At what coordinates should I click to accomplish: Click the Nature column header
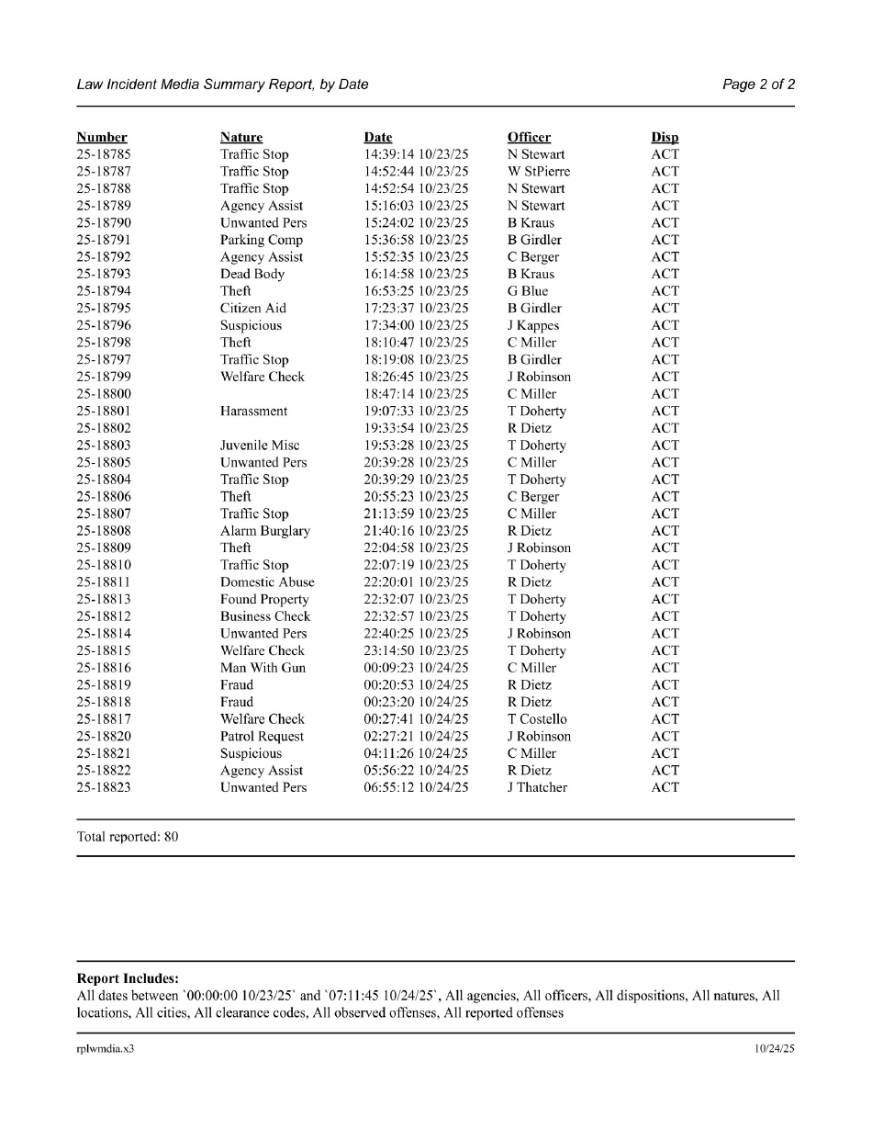[x=240, y=138]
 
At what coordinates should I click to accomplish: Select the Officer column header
[x=529, y=138]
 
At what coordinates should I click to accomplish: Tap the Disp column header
[x=665, y=138]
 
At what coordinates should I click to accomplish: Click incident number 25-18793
[x=104, y=274]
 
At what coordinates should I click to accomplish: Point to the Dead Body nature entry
[x=252, y=274]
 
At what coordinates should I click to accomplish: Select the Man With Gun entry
[x=263, y=668]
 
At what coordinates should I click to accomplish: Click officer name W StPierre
[x=539, y=172]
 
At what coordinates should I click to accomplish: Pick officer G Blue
[x=528, y=291]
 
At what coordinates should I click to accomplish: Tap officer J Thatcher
[x=537, y=787]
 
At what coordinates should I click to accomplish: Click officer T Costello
[x=537, y=719]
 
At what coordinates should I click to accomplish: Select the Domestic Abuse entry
[x=267, y=582]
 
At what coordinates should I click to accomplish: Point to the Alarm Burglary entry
[x=265, y=531]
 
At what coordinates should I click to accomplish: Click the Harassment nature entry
[x=253, y=412]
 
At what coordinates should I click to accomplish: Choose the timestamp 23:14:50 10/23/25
[x=416, y=651]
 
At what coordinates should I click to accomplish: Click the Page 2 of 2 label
[x=758, y=85]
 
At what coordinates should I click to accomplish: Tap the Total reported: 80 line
[x=128, y=838]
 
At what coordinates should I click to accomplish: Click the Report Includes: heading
[x=128, y=979]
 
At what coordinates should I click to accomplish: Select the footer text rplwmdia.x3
[x=106, y=1048]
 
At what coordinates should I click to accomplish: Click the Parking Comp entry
[x=262, y=240]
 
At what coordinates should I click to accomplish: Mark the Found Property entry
[x=264, y=600]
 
